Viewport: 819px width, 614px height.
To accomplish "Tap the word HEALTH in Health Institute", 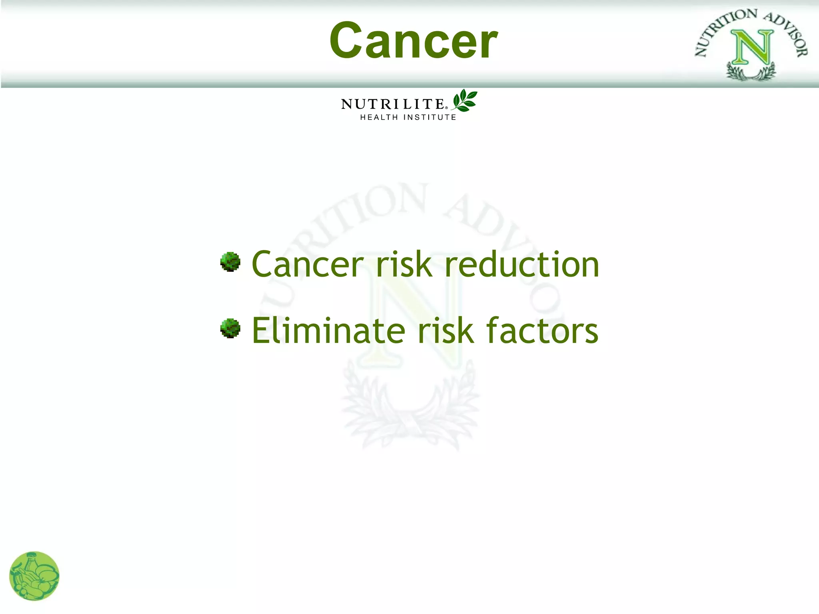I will tap(379, 117).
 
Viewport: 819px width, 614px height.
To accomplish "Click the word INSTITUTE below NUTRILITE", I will tap(429, 117).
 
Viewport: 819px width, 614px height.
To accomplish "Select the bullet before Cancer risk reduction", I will tap(230, 262).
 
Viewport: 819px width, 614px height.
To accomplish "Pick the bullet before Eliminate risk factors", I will tap(230, 328).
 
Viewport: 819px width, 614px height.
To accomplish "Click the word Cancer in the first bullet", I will tap(307, 265).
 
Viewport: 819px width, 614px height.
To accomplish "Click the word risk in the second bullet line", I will tap(445, 330).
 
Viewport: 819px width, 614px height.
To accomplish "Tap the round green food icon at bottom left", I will tap(34, 576).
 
